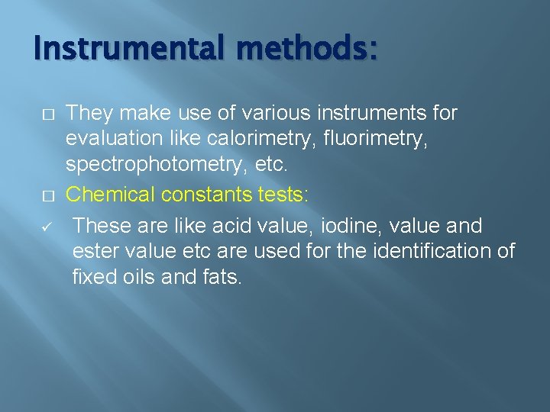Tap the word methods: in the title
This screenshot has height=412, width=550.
click(x=307, y=50)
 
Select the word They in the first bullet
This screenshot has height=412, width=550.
click(x=89, y=114)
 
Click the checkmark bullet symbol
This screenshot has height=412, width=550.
click(x=47, y=227)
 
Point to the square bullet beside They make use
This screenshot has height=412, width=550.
click(x=47, y=114)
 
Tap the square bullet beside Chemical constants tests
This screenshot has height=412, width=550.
click(x=47, y=195)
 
